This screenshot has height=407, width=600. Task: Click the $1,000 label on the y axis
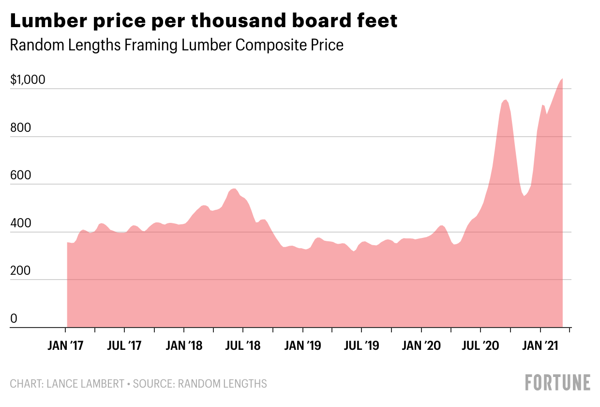28,80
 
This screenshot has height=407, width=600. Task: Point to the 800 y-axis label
20,128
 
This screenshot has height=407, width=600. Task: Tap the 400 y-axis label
20,223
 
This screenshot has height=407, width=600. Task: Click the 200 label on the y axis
20,271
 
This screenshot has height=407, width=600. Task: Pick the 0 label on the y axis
14,319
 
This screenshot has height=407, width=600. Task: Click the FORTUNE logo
557,382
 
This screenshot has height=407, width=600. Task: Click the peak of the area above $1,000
562,79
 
